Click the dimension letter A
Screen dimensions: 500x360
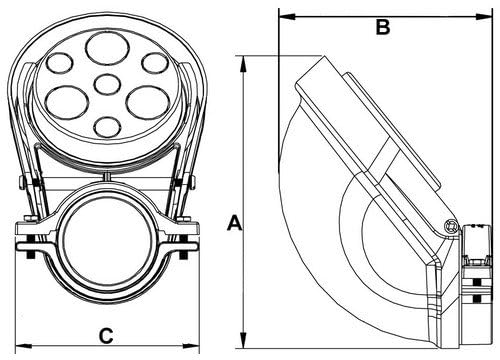(x=235, y=223)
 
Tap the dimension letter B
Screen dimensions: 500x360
(x=383, y=27)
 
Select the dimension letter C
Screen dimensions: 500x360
(x=106, y=336)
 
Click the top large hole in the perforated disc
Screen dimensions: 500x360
(x=107, y=49)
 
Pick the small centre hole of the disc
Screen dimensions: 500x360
(x=107, y=84)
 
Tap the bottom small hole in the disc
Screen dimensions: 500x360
(x=107, y=127)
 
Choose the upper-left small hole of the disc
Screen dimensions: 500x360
(x=59, y=63)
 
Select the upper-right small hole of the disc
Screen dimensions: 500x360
(x=155, y=63)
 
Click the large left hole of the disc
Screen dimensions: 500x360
(x=67, y=102)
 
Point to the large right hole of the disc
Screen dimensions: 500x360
(x=148, y=102)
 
